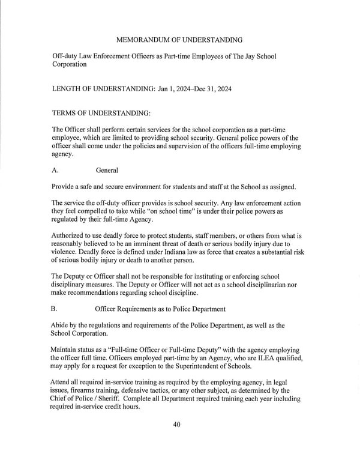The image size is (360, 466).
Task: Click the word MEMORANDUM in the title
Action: [x=143, y=40]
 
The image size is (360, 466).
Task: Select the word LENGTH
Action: [x=69, y=89]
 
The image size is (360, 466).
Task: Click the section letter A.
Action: [x=55, y=171]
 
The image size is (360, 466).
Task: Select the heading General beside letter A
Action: [x=107, y=171]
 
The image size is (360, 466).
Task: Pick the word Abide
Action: [x=62, y=325]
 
